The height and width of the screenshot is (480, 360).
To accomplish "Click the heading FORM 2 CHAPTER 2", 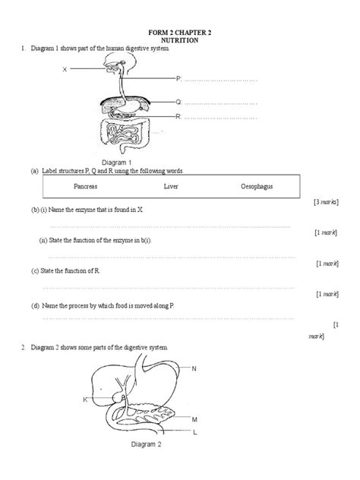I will pos(180,33).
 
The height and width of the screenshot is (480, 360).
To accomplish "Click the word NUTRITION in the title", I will pos(180,42).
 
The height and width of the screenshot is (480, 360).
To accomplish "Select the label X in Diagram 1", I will pos(65,68).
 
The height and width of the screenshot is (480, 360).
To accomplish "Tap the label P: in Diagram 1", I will pos(178,78).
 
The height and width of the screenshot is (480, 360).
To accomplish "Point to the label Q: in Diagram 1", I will pos(178,101).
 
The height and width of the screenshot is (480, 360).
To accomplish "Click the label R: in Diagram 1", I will pos(178,116).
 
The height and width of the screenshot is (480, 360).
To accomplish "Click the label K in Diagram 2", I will pos(84,399).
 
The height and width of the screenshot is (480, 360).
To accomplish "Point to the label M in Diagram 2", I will pos(194,419).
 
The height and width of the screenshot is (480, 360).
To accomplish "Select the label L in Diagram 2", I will pos(194,432).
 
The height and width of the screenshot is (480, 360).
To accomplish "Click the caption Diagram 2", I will pos(142,445).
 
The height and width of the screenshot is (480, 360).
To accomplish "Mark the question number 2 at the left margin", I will pos(24,347).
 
